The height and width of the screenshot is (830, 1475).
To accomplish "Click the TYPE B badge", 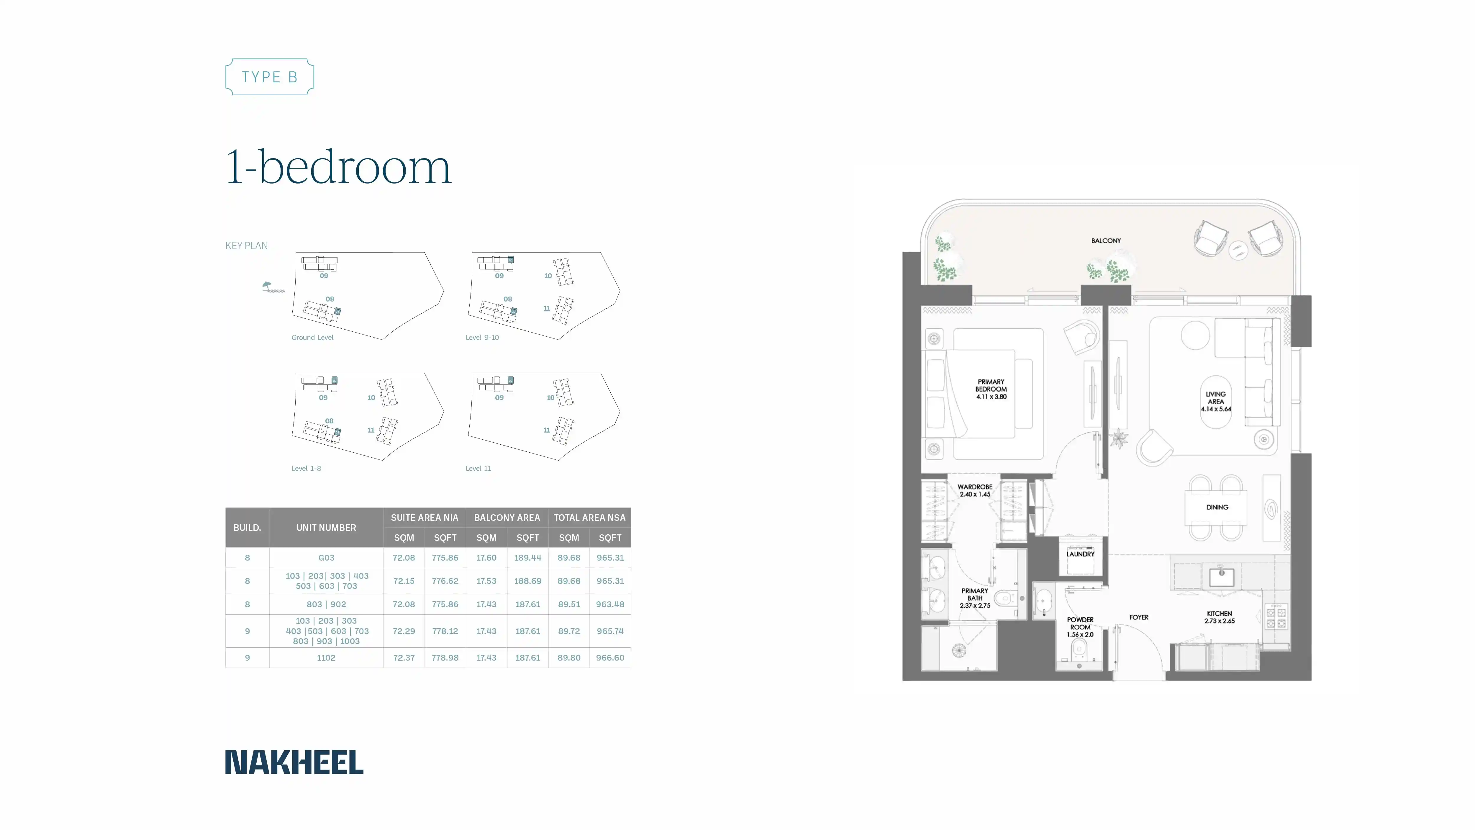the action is pos(270,77).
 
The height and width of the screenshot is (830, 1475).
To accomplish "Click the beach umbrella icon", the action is pos(271,287).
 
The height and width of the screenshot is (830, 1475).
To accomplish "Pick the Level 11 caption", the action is pos(478,469).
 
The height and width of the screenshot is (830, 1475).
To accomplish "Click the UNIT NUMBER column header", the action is pos(326,528).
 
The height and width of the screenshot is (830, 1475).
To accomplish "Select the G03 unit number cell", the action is pos(326,557).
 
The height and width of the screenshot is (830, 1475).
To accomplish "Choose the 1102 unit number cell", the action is pos(326,658).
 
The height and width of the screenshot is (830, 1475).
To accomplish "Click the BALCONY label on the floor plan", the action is pos(1106,240).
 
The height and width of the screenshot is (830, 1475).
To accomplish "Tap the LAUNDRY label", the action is pos(1081,554).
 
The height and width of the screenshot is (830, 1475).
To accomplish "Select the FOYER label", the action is pos(1139,618).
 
